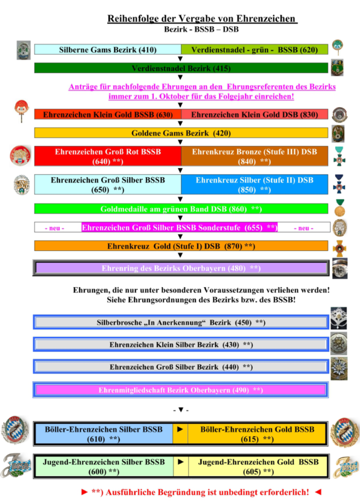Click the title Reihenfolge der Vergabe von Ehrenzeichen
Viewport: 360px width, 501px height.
click(x=202, y=19)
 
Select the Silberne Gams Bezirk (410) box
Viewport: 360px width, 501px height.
click(x=108, y=50)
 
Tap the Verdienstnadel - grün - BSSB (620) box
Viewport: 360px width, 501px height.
click(x=254, y=50)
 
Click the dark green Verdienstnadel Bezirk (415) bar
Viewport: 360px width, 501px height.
click(x=181, y=68)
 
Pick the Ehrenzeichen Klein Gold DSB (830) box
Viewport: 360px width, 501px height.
click(x=254, y=114)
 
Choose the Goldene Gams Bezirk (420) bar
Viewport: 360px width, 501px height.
click(x=181, y=133)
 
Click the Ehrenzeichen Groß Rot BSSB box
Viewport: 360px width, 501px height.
click(x=108, y=156)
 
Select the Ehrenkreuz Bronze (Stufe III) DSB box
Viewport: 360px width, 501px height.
click(x=254, y=156)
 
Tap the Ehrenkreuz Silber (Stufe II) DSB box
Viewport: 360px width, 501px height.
click(x=254, y=184)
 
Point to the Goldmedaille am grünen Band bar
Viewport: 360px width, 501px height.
click(x=181, y=209)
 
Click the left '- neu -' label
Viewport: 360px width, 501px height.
click(x=55, y=228)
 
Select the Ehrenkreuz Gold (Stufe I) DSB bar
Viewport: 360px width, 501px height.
click(x=181, y=246)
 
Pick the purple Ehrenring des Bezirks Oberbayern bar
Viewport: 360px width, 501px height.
click(x=181, y=269)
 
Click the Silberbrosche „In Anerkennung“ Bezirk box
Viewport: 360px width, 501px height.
click(x=181, y=323)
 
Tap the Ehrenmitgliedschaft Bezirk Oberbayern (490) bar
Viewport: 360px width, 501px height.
click(x=181, y=390)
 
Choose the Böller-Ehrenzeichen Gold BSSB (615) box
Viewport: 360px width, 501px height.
click(x=257, y=434)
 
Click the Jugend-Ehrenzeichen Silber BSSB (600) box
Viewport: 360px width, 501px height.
click(x=104, y=466)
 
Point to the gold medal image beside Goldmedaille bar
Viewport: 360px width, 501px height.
click(x=340, y=208)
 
